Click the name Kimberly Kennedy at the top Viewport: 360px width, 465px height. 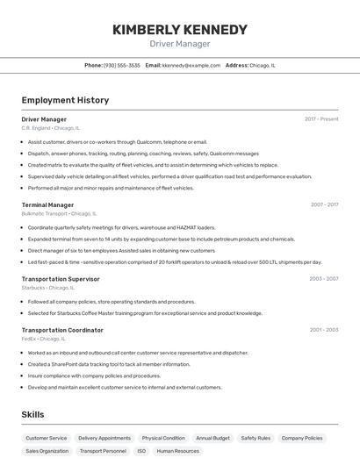click(179, 30)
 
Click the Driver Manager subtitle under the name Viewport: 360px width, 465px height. click(179, 44)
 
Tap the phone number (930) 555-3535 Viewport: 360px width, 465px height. click(121, 65)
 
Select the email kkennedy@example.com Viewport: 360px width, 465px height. click(191, 65)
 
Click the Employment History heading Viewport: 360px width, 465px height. click(65, 100)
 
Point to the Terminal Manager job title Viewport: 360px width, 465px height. click(47, 204)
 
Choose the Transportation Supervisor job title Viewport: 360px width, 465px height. click(61, 279)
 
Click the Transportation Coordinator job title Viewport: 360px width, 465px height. click(62, 330)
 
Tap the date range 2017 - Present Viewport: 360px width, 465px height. click(321, 119)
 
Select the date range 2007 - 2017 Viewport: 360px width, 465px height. click(324, 204)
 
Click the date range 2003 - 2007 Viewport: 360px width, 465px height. click(323, 279)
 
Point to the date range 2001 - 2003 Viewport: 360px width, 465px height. click(323, 330)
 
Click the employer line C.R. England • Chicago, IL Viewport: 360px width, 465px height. click(50, 128)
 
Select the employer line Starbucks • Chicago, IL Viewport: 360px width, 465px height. click(47, 288)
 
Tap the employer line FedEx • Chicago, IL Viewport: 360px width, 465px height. click(43, 339)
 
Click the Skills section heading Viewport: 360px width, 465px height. click(33, 414)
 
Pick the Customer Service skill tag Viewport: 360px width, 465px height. click(46, 438)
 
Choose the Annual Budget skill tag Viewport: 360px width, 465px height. click(212, 438)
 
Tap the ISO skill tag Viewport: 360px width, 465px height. click(140, 451)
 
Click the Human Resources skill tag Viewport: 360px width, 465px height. click(177, 451)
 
